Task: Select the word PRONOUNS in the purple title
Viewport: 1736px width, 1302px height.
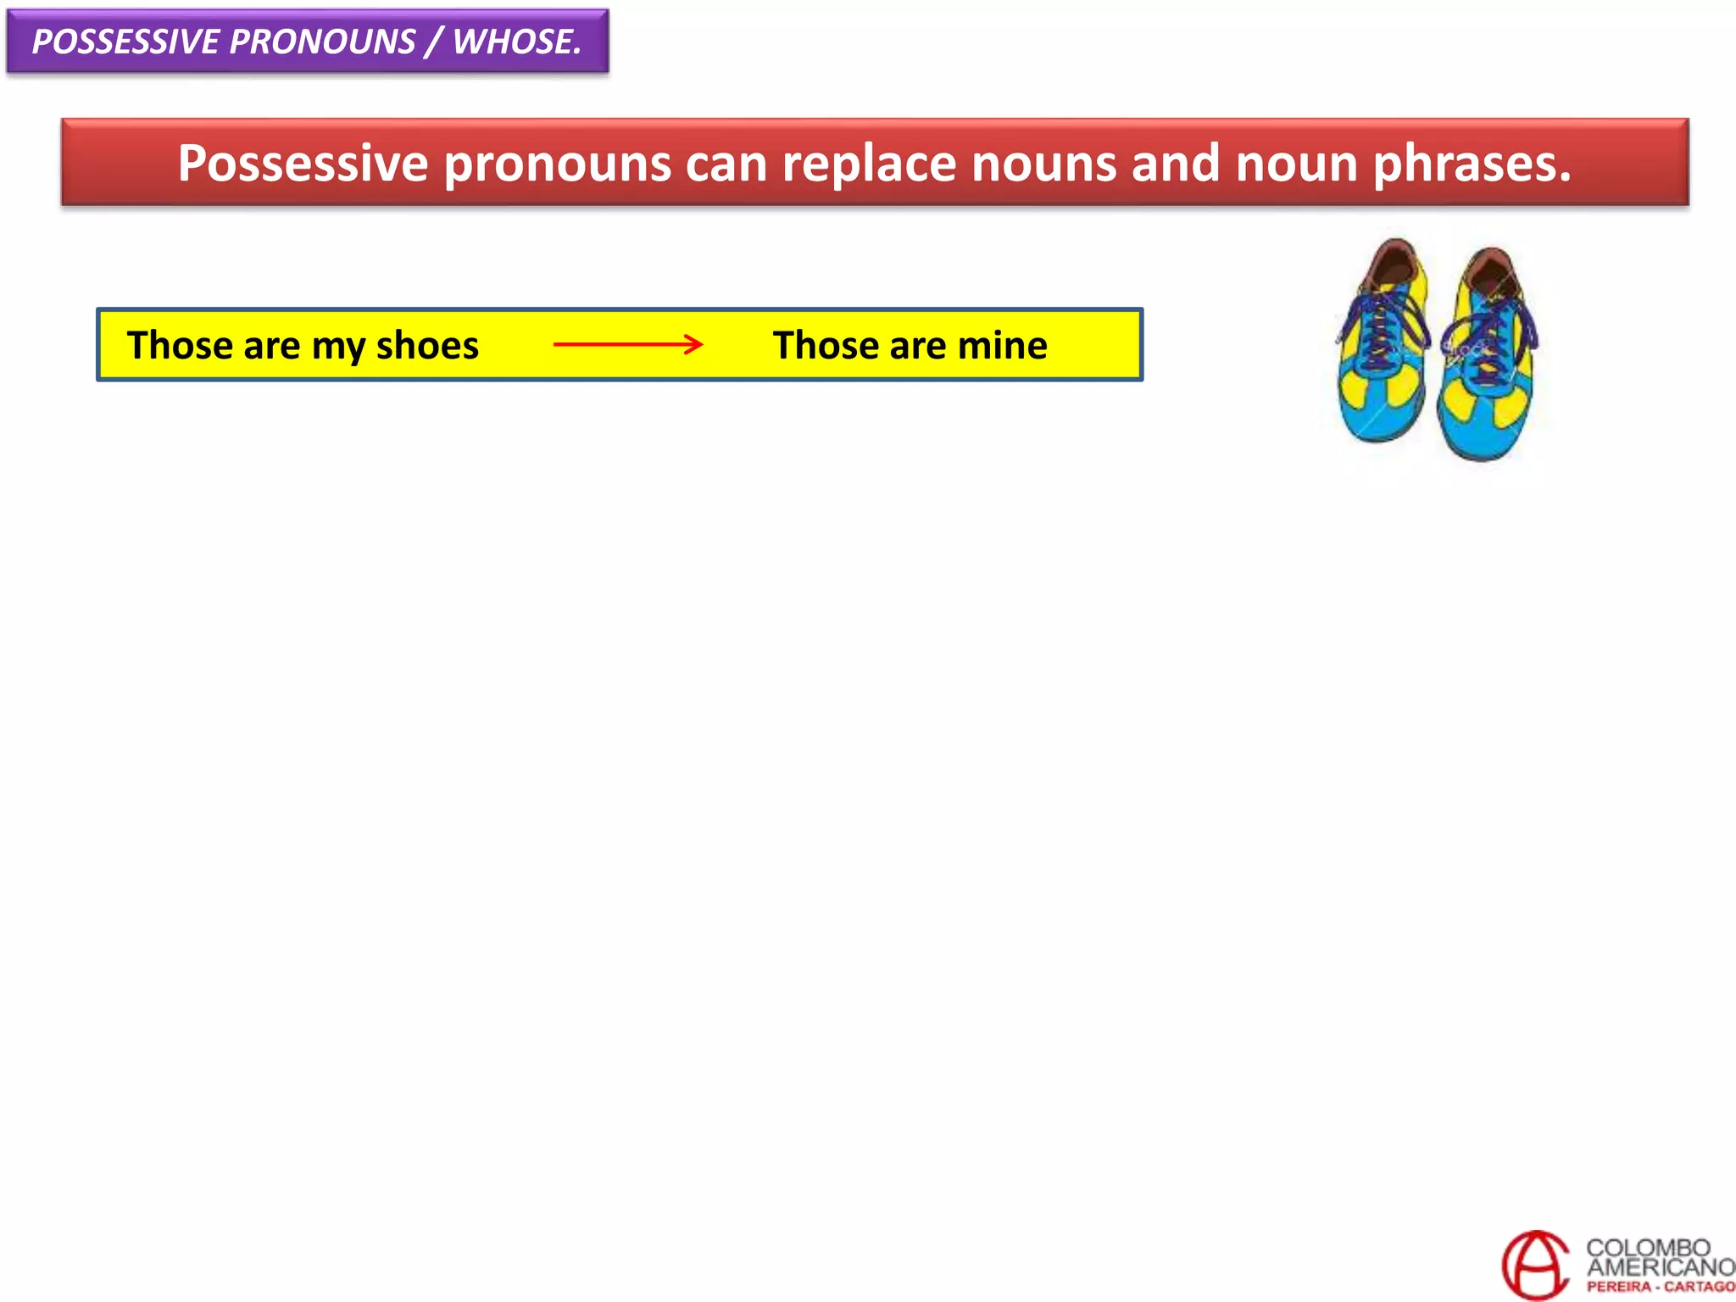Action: tap(322, 42)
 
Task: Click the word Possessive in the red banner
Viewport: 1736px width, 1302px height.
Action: tap(303, 163)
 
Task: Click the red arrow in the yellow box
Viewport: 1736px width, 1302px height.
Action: tap(627, 344)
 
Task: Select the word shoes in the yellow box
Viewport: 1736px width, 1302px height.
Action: tap(427, 345)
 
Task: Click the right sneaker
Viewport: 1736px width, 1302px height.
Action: tap(1488, 356)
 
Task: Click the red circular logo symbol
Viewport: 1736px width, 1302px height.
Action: tap(1535, 1265)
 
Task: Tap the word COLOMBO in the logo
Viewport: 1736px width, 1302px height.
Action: tap(1648, 1247)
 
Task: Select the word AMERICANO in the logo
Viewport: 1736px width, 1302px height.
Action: tap(1661, 1267)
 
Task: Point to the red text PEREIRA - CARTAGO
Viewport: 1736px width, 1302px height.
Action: tap(1661, 1287)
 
